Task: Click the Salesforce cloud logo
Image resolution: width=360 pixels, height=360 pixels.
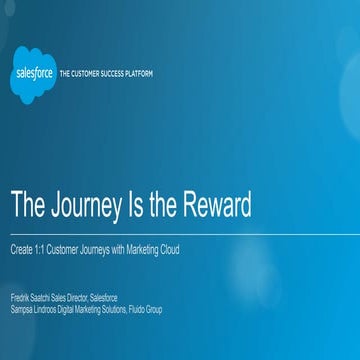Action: click(x=35, y=74)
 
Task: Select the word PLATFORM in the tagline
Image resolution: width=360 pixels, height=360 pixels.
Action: click(x=141, y=74)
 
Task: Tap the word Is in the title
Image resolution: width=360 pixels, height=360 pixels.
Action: click(x=139, y=204)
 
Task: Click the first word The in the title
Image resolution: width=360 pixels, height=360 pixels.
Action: click(x=27, y=204)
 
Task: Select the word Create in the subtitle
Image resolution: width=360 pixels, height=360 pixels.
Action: click(x=20, y=250)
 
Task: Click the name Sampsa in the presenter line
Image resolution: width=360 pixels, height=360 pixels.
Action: click(x=20, y=309)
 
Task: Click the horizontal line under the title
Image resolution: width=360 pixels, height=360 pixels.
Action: click(x=180, y=236)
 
